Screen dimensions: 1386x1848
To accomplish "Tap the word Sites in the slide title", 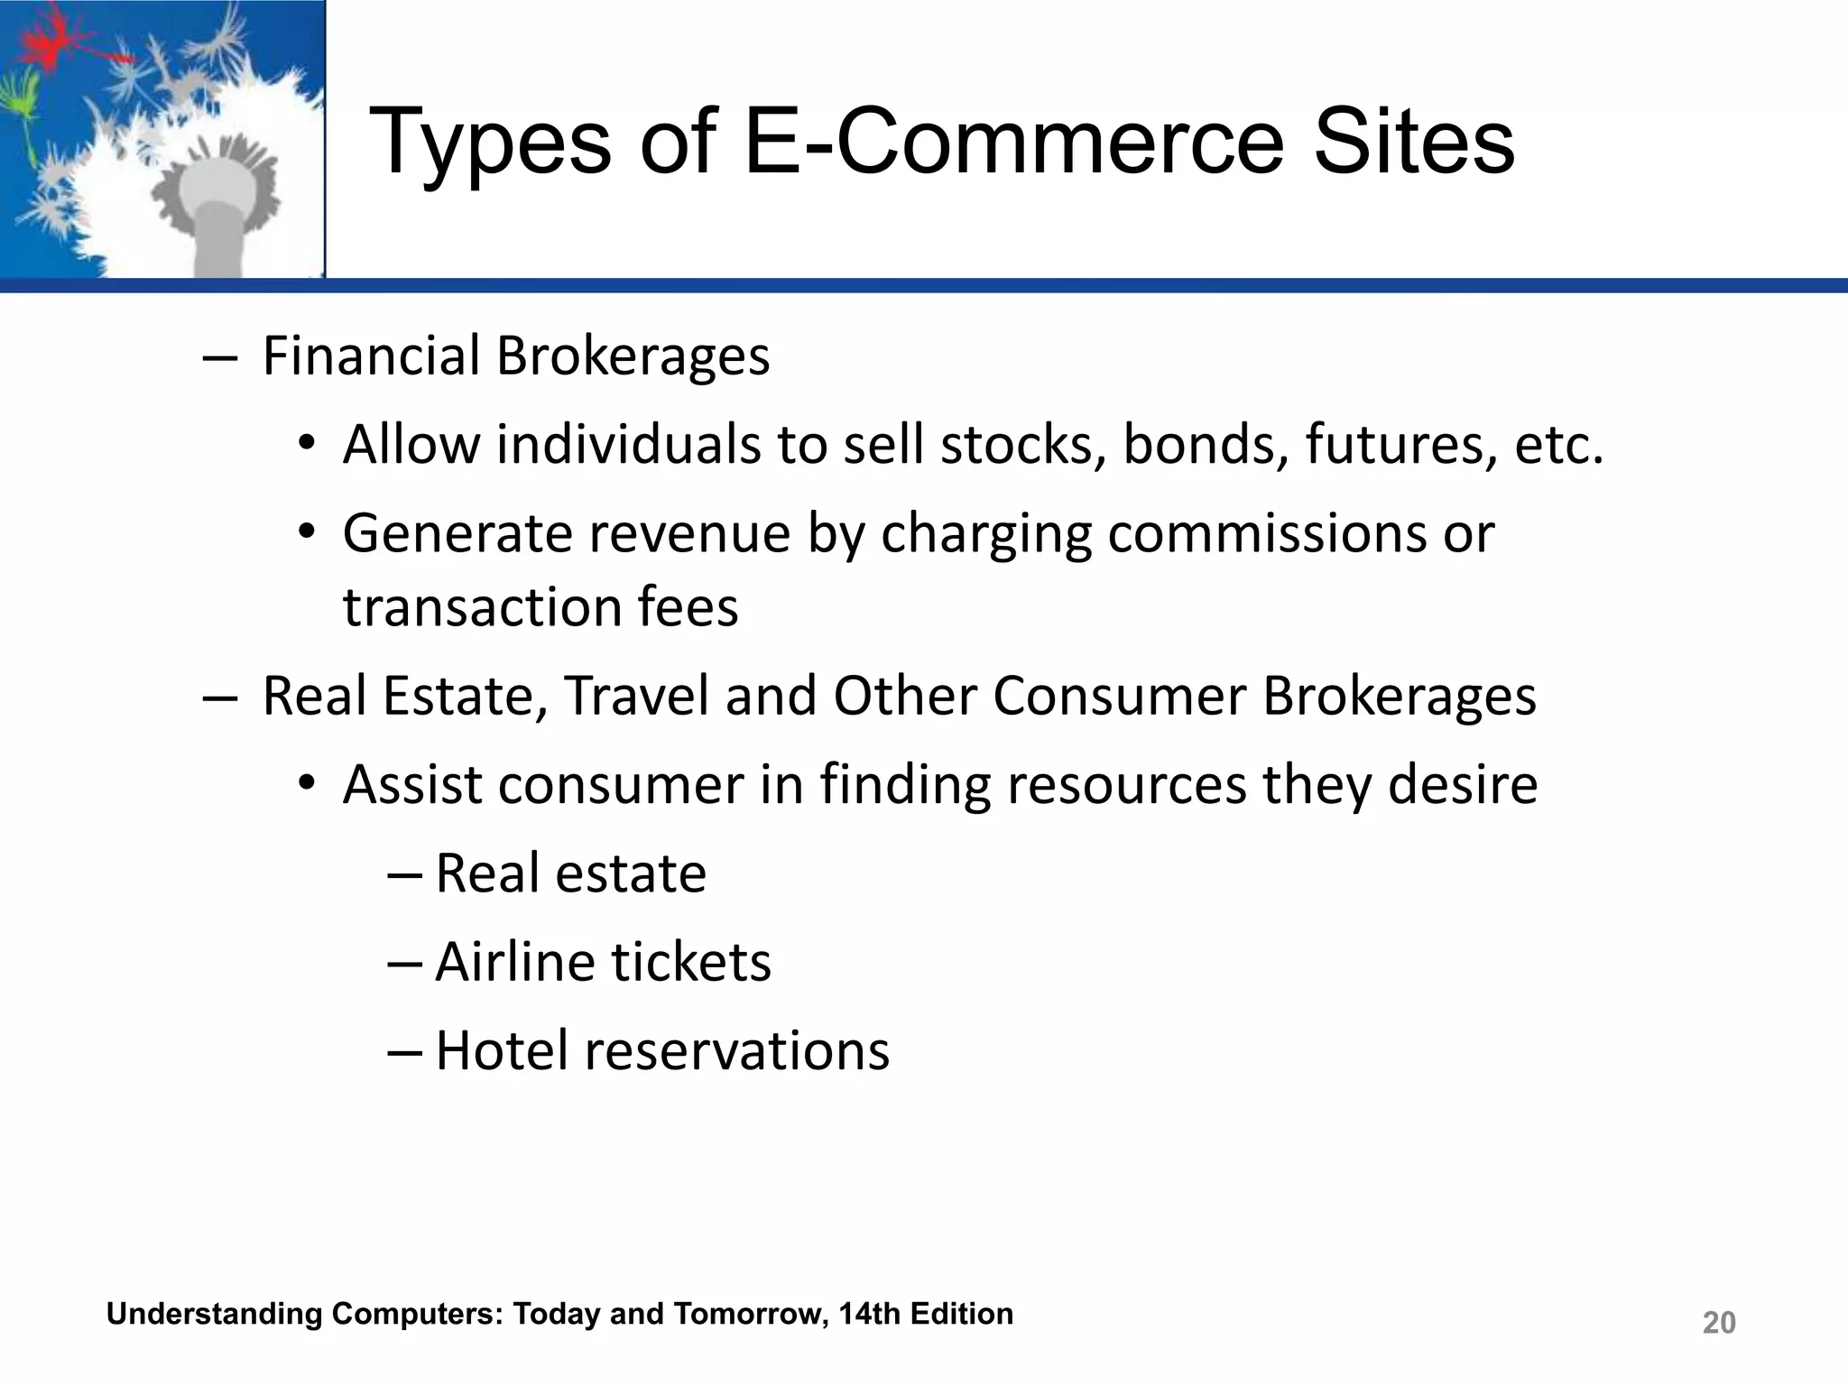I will click(x=1414, y=143).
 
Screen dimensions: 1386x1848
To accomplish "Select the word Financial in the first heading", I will click(x=371, y=356).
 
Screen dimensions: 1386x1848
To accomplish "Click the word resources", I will click(x=1126, y=784).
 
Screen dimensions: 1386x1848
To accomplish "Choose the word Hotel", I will click(x=502, y=1050).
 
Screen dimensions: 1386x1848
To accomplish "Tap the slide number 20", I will click(x=1718, y=1323).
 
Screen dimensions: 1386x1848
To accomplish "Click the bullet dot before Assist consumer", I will click(x=307, y=782).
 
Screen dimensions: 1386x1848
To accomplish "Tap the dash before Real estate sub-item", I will click(x=403, y=873).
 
